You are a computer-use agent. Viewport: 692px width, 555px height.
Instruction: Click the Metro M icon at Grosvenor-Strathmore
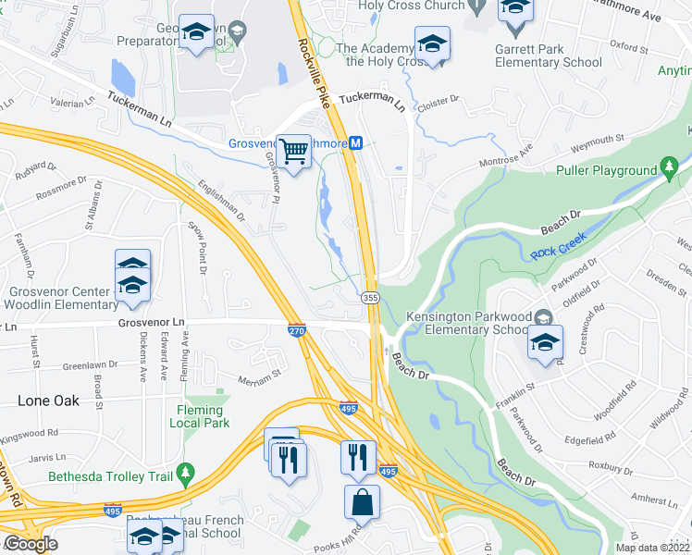pyautogui.click(x=355, y=143)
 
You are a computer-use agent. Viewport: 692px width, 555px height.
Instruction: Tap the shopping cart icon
pyautogui.click(x=294, y=150)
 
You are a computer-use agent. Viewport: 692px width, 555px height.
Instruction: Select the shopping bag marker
pyautogui.click(x=362, y=503)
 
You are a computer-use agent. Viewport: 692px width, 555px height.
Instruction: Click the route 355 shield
pyautogui.click(x=370, y=297)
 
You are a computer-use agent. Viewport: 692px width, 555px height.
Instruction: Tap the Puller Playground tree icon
pyautogui.click(x=669, y=168)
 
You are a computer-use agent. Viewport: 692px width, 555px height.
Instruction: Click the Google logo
pyautogui.click(x=31, y=544)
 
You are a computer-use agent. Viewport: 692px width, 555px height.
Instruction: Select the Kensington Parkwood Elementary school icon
pyautogui.click(x=546, y=341)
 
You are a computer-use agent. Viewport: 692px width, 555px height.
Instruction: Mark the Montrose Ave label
pyautogui.click(x=507, y=155)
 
